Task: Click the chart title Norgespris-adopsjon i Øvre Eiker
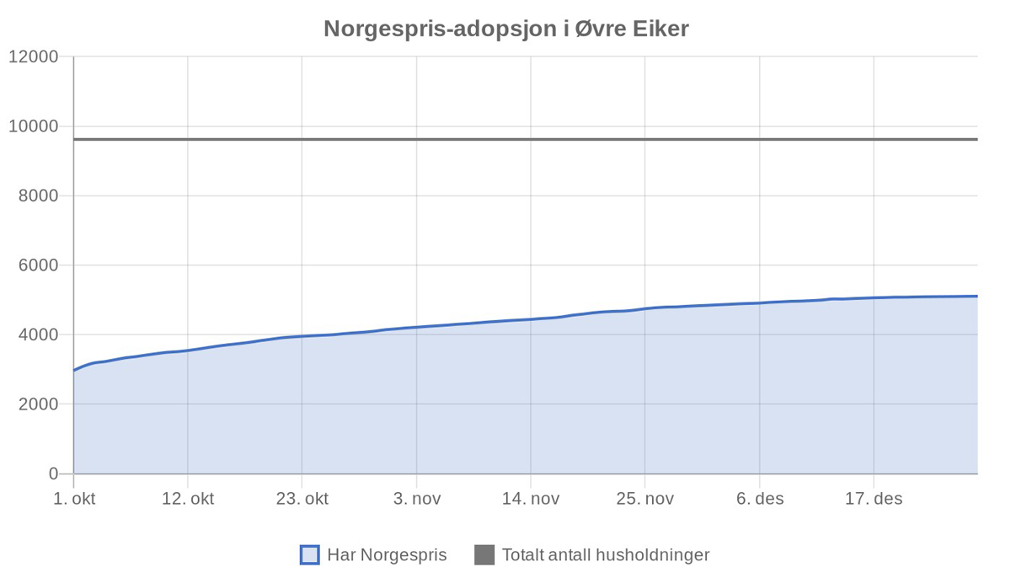(505, 29)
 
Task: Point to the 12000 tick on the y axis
(34, 57)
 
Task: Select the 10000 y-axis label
(34, 126)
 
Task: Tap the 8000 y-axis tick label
(38, 196)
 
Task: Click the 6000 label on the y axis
(38, 265)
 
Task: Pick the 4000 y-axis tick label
(38, 335)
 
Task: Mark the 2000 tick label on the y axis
(38, 404)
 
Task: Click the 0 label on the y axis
(53, 474)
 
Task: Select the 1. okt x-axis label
(74, 499)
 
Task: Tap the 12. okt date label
(188, 499)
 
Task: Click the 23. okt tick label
(302, 499)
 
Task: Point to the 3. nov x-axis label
(416, 499)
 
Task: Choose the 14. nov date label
(531, 499)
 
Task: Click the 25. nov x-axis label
(645, 499)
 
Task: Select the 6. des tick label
(760, 499)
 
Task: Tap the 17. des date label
(874, 499)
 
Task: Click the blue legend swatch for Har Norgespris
(310, 555)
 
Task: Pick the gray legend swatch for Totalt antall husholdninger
(484, 555)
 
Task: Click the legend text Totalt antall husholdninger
(606, 555)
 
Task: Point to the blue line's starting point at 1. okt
(74, 371)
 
